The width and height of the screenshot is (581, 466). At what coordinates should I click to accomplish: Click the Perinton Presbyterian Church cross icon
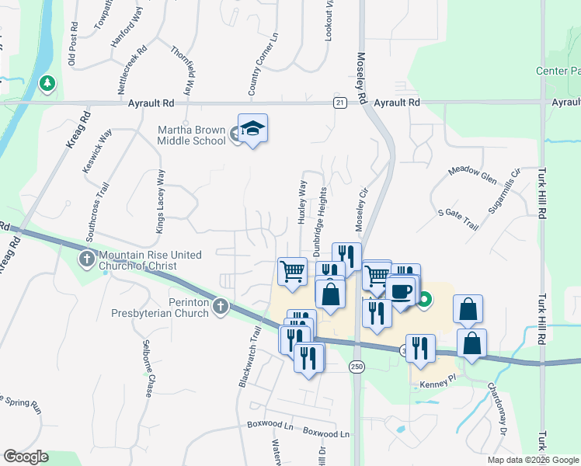[x=221, y=306]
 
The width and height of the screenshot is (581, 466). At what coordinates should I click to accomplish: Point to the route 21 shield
[x=340, y=103]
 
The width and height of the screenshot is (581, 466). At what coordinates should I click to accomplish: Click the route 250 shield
[x=357, y=366]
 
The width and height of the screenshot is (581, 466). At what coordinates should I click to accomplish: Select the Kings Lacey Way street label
[x=161, y=202]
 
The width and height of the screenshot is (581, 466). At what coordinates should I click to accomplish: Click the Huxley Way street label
[x=301, y=203]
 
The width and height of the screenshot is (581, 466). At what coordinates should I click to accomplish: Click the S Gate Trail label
[x=457, y=217]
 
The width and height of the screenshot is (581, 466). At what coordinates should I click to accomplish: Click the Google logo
[x=26, y=457]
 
